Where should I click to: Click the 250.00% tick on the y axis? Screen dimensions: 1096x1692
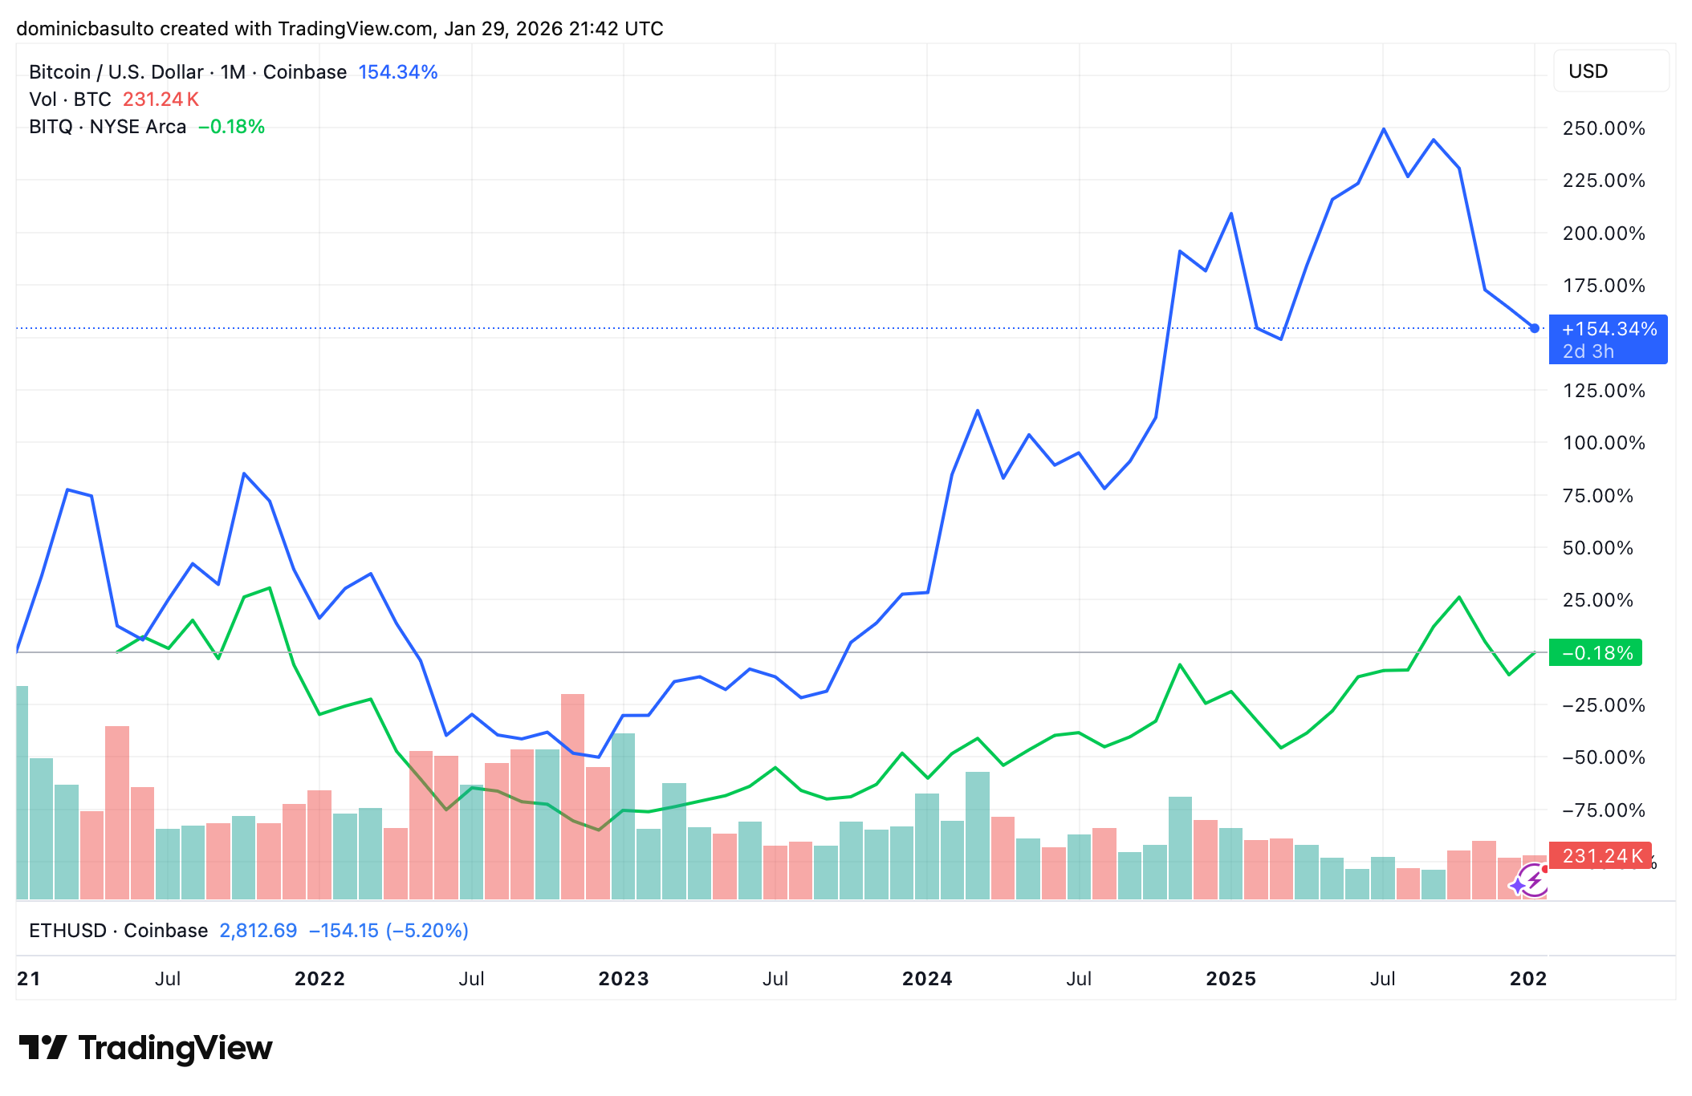click(1603, 128)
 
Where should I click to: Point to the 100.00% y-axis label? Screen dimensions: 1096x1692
click(1603, 443)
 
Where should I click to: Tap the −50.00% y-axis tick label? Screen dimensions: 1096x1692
click(1603, 757)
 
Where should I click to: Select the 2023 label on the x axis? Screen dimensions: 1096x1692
click(624, 979)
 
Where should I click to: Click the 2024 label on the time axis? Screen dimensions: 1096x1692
click(927, 979)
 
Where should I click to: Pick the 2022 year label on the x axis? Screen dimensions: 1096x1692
click(319, 979)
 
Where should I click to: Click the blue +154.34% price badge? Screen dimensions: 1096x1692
click(1608, 339)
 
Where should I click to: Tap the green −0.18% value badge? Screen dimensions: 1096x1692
click(1596, 653)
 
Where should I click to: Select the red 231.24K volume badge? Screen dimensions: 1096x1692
click(1600, 856)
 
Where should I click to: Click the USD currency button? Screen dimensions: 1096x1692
click(1611, 71)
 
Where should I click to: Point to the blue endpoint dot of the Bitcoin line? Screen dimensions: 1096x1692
click(1535, 328)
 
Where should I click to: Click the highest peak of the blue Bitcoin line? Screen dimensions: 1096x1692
click(1384, 129)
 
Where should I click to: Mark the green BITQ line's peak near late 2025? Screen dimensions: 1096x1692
click(1459, 598)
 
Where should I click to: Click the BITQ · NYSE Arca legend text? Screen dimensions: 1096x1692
click(108, 127)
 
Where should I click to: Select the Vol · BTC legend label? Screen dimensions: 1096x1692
click(70, 99)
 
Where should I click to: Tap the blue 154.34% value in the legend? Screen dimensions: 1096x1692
click(397, 72)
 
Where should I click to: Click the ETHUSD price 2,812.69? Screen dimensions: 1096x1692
click(258, 931)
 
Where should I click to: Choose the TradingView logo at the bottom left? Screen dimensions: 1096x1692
click(146, 1048)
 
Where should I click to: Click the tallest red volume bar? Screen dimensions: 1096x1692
click(572, 794)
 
